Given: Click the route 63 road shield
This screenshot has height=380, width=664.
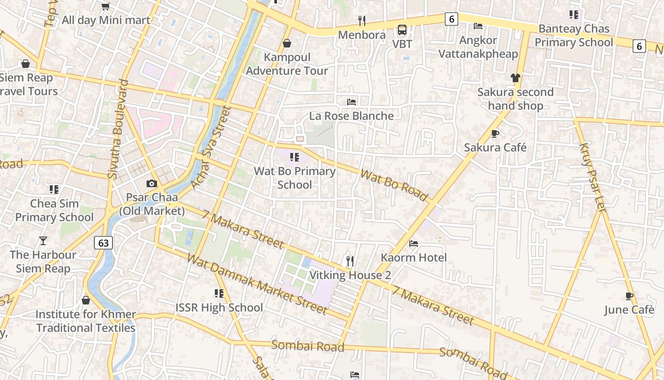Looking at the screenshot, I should point(103,243).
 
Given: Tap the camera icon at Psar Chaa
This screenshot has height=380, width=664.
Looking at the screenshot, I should point(151,183).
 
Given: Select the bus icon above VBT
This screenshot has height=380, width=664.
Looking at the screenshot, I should point(402,30).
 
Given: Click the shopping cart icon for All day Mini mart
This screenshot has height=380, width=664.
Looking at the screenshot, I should point(105,6).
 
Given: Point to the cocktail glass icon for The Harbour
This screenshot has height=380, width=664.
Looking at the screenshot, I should point(43,241).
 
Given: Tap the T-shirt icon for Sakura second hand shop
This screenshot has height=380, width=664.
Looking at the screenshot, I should point(515,78).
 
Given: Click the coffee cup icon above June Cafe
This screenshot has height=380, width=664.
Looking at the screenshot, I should point(629,296).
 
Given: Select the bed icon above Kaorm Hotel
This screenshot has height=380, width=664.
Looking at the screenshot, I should point(414,244).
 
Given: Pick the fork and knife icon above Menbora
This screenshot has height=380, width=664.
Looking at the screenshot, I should point(361,21).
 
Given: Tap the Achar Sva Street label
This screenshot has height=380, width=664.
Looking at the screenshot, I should point(210,148).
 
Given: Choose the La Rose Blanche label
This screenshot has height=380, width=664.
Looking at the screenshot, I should point(351,116).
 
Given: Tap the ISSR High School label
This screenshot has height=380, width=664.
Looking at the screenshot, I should point(219,307).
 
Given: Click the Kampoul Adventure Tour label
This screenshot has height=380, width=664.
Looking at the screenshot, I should point(287,64).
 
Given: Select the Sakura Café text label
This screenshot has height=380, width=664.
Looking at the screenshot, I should point(495,147).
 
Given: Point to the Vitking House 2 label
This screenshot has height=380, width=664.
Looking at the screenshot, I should point(350,275).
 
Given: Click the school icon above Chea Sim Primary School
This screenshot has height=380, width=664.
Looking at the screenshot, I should point(54,190).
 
